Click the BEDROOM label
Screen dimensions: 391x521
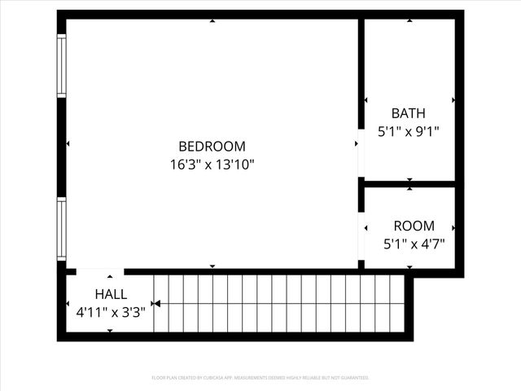212,147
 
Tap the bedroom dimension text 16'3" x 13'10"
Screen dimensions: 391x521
212,164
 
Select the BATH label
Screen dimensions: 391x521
408,113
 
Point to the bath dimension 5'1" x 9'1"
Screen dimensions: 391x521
408,130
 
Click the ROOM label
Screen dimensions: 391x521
414,226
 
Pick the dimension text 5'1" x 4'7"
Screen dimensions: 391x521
414,243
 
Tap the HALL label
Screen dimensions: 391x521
111,294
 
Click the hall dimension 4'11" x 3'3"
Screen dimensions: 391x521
111,311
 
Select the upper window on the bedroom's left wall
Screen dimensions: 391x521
61,67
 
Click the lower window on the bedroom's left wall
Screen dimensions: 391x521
61,229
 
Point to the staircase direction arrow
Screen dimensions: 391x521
156,304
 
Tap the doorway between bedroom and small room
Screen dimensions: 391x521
361,235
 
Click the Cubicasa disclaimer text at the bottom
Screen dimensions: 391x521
260,378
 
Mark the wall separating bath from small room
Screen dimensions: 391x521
409,184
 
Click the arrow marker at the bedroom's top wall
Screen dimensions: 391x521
212,21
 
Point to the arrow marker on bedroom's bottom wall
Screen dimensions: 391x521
212,266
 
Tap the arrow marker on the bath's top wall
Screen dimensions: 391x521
409,21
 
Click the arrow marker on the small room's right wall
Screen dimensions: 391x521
453,228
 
